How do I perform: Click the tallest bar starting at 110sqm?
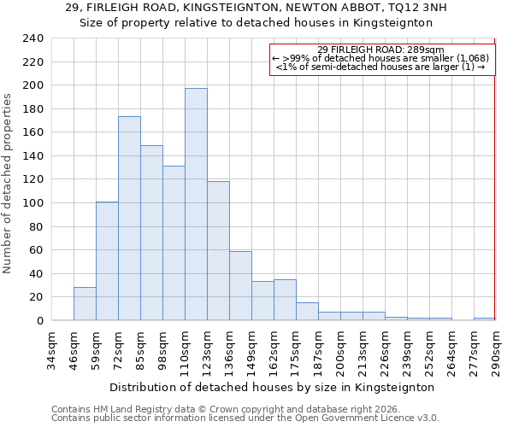coord(196,205)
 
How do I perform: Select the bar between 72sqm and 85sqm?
coord(129,219)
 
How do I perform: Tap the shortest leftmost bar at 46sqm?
coord(85,304)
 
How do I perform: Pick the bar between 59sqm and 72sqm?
coord(107,261)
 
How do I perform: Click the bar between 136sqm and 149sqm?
coord(240,286)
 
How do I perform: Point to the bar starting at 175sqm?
coord(307,312)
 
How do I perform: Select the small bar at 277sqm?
coord(483,319)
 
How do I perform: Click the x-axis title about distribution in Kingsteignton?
coord(272,387)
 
